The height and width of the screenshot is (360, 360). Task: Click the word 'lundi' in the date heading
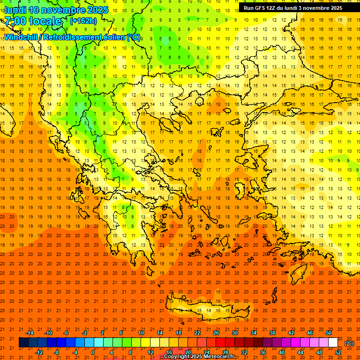[x=15, y=10]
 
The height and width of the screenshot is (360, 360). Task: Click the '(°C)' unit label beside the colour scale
[x=349, y=343]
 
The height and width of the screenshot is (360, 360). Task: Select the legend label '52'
[x=338, y=352]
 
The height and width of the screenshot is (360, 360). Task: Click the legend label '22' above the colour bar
[x=197, y=333]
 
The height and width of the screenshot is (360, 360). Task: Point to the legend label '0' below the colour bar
[x=92, y=352]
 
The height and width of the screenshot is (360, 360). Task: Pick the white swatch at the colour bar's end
[x=333, y=343]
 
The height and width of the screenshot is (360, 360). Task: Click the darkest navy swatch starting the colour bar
[x=23, y=343]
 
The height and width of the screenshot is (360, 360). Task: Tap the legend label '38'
[x=272, y=333]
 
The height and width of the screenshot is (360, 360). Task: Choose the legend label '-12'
[x=39, y=352]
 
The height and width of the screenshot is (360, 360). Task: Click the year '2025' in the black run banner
[x=335, y=8]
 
